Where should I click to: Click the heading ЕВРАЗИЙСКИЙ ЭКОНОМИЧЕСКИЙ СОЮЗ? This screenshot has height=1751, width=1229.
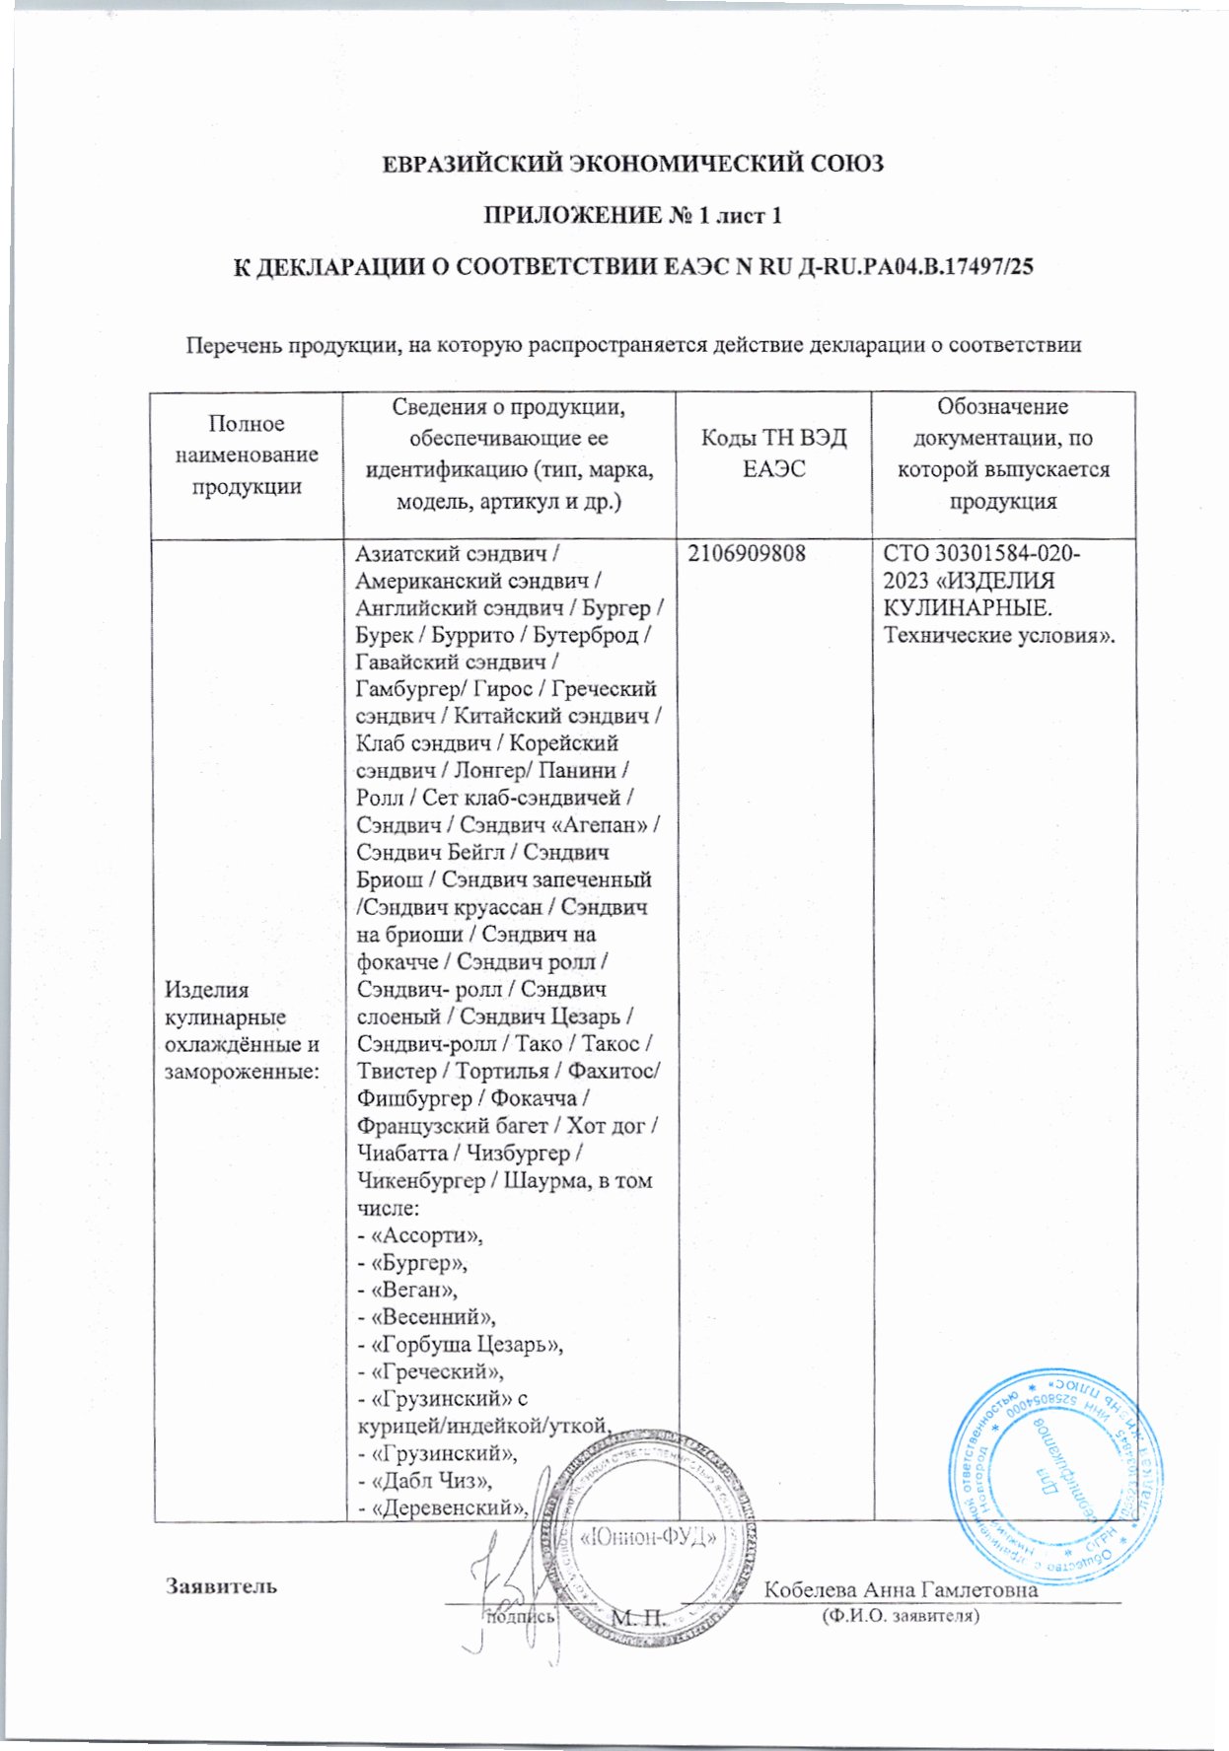tap(632, 164)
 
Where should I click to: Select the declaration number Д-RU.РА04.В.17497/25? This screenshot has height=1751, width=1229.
tap(913, 266)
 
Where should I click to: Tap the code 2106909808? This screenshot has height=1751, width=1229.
tap(748, 554)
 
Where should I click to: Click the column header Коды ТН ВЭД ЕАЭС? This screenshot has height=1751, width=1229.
tap(773, 454)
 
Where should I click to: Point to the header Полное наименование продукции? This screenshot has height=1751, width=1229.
tap(247, 455)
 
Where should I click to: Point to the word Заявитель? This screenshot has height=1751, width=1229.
tap(222, 1586)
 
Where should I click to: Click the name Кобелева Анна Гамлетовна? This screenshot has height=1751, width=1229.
tap(901, 1589)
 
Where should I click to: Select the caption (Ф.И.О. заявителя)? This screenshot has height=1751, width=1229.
tap(900, 1617)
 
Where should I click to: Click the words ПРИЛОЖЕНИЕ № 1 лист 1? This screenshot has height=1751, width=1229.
tap(632, 215)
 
